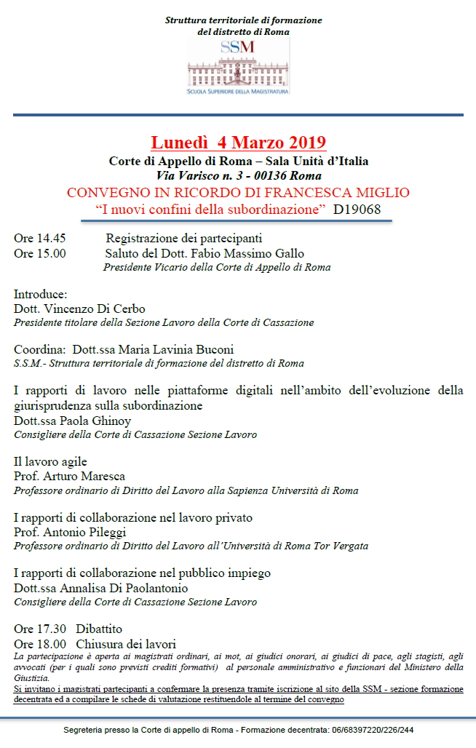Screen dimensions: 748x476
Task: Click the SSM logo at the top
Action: [x=238, y=67]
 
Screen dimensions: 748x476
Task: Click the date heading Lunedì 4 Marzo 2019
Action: [x=238, y=142]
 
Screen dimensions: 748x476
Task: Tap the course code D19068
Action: [x=357, y=210]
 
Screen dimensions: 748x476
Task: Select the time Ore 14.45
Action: [x=40, y=239]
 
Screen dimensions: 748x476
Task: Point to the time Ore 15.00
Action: [x=40, y=253]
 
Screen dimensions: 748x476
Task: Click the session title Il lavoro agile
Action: [x=50, y=462]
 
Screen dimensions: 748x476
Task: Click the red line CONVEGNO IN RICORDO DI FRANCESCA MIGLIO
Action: [x=238, y=193]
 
